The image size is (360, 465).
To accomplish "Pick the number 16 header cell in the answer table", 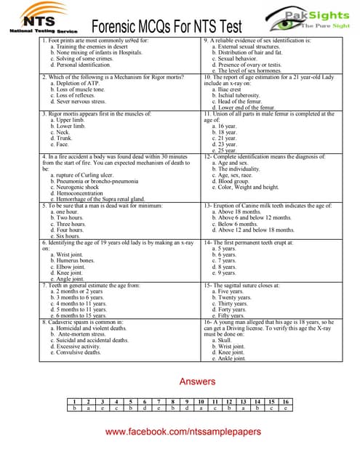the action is pos(286,401).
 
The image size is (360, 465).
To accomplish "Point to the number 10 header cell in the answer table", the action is pos(200,401).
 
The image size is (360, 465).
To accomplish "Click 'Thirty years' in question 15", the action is pos(232,303).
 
